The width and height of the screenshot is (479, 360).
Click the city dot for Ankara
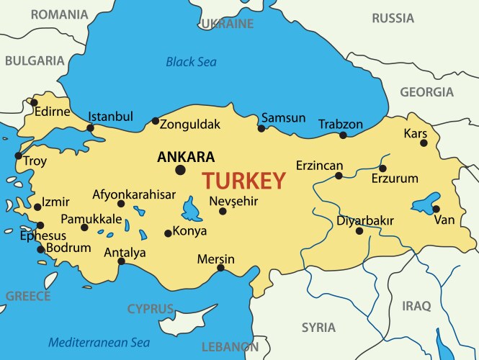click(180, 170)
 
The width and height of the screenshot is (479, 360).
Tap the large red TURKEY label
click(243, 181)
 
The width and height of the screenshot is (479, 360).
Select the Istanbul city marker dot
click(90, 128)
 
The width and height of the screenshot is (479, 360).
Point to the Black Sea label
click(191, 62)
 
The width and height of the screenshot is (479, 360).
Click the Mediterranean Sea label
click(99, 343)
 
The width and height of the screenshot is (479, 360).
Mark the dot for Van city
click(437, 209)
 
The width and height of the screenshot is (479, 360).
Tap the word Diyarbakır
click(365, 220)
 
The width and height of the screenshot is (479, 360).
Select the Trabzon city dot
click(343, 135)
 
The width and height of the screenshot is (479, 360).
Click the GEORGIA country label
click(426, 92)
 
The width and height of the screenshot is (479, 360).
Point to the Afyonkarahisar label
click(134, 194)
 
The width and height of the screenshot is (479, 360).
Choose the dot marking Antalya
click(121, 261)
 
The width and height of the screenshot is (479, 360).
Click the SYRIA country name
click(318, 327)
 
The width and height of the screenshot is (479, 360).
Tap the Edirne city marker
click(34, 102)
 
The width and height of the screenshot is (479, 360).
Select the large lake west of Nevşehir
click(192, 210)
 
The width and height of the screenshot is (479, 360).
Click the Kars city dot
click(424, 143)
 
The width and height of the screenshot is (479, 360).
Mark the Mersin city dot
click(220, 268)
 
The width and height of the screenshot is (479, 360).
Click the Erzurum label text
click(394, 179)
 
